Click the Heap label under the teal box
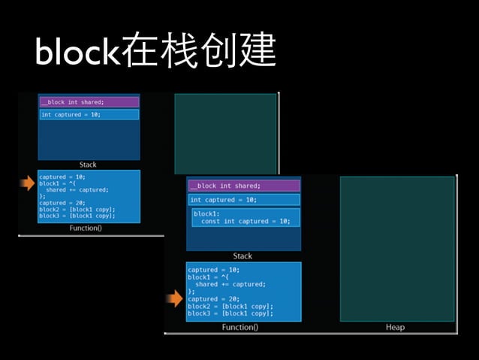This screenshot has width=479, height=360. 395,327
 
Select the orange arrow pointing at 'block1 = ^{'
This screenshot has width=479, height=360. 27,183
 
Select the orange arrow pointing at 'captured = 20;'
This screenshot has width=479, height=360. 174,299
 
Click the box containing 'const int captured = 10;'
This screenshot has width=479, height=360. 244,217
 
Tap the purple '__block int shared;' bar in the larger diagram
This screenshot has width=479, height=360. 243,186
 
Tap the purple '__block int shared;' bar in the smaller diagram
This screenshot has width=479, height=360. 89,102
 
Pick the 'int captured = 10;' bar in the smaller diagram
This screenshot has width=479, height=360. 89,114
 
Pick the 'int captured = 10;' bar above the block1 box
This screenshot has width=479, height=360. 243,200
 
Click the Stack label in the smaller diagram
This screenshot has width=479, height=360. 88,165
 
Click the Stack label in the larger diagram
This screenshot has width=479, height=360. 243,256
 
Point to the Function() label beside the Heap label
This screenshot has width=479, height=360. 240,327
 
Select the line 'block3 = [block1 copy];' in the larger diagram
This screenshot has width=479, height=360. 230,313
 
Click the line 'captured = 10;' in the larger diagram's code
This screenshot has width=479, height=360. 213,270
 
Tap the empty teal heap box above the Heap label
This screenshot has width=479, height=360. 396,248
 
